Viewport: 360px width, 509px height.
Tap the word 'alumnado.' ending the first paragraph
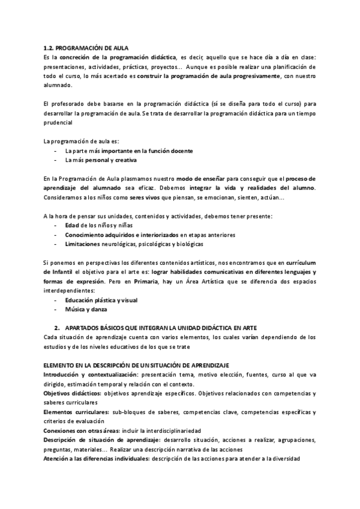[x=58, y=85]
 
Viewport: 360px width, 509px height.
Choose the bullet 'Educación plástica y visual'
[x=101, y=300]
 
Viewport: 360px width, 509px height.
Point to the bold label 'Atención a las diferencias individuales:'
[x=97, y=459]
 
